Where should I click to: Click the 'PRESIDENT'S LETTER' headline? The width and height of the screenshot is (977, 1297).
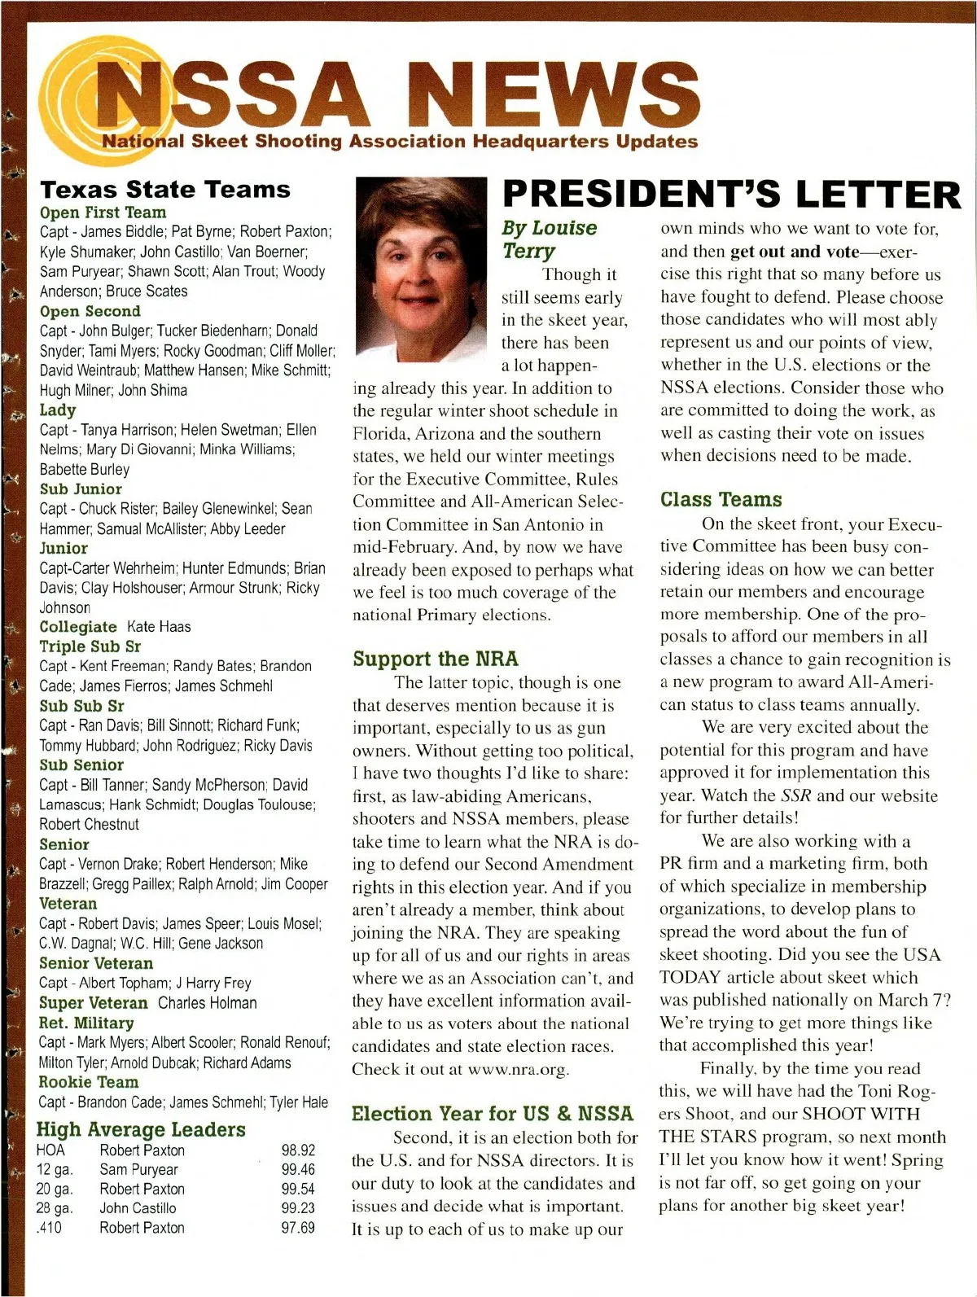(x=731, y=195)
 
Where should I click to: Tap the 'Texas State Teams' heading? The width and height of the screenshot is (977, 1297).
(x=164, y=190)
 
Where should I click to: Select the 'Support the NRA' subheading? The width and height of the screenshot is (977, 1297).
(x=436, y=659)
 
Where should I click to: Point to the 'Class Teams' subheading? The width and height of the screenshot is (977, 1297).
(x=721, y=500)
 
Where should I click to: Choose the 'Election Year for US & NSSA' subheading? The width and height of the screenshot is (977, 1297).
(x=492, y=1113)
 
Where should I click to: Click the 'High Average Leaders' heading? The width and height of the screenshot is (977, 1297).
(x=141, y=1129)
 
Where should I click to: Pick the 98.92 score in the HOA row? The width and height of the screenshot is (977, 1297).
(x=298, y=1150)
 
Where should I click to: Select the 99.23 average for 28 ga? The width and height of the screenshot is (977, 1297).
(x=298, y=1208)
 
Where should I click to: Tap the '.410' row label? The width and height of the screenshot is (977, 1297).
(x=50, y=1228)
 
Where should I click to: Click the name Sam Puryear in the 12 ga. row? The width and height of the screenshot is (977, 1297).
(x=138, y=1170)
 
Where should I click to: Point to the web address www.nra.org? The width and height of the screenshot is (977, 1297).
(x=517, y=1069)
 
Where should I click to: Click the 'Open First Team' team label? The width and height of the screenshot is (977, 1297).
(x=103, y=213)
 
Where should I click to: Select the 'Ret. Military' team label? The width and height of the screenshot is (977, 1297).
(x=86, y=1023)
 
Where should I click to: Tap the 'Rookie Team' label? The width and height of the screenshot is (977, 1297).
(x=89, y=1082)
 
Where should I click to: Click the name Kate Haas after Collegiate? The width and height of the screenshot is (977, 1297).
(x=160, y=627)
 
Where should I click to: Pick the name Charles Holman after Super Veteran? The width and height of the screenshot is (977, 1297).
(x=208, y=1003)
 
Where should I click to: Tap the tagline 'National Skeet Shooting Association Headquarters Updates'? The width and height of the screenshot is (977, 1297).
(x=399, y=142)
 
